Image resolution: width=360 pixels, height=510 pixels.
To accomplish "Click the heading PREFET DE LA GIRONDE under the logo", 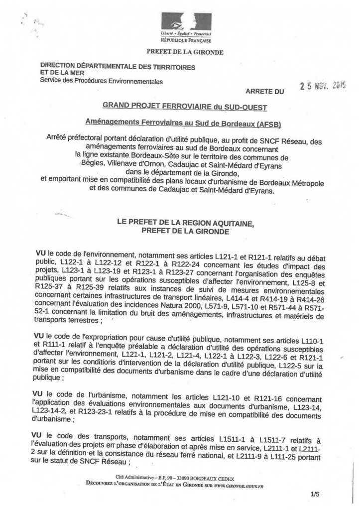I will tap(185, 52).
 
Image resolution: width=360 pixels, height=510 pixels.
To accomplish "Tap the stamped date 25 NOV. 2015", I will tap(322, 86).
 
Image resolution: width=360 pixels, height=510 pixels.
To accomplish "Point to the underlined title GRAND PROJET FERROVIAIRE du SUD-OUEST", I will tap(185, 107).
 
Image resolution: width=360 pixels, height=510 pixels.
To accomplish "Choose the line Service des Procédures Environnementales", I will tap(101, 81).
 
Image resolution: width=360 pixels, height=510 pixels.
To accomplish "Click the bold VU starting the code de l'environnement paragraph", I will tap(42, 254).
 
